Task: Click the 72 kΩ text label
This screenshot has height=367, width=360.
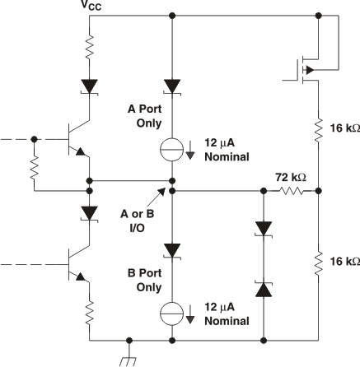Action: (x=290, y=178)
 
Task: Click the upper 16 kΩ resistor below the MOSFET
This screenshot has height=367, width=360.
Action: (x=318, y=129)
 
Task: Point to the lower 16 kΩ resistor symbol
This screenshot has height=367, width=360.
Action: (x=318, y=262)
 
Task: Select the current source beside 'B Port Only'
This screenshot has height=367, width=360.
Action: (x=172, y=314)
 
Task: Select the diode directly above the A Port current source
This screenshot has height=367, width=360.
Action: (x=172, y=85)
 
